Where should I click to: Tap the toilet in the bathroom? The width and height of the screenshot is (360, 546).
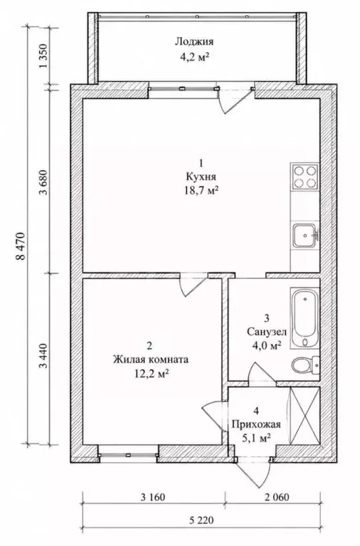(305, 364)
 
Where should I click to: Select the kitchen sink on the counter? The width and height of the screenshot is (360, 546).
(305, 236)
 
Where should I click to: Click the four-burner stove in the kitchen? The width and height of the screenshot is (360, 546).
(305, 177)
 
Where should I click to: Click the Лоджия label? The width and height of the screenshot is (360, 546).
(194, 42)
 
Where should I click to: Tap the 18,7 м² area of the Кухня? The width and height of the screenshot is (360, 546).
(201, 191)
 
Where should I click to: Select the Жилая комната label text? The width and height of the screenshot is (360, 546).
(150, 359)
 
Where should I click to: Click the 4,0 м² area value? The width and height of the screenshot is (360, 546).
(266, 346)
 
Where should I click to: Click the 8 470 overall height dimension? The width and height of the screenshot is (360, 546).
(22, 245)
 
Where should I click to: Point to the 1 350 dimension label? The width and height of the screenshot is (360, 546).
(44, 56)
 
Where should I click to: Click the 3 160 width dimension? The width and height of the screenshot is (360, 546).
(153, 497)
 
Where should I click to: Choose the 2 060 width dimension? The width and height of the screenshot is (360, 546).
(277, 497)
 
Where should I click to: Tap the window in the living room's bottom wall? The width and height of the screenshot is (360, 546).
(128, 455)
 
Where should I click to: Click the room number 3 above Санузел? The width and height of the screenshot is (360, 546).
(267, 317)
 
